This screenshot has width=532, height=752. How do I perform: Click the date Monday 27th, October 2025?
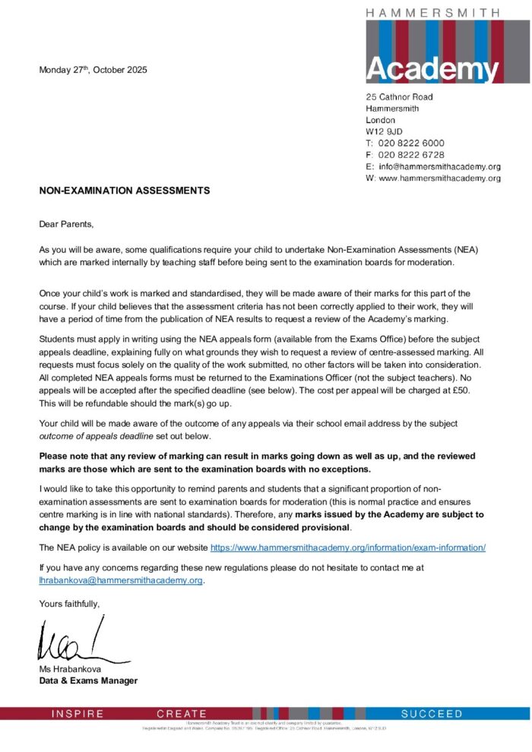pos(93,71)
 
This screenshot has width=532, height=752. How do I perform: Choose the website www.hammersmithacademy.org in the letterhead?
pos(439,178)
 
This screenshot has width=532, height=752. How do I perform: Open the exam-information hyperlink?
pos(347,547)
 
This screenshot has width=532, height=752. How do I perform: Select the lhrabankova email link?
pos(121,580)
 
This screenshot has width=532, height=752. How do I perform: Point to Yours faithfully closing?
pos(69,603)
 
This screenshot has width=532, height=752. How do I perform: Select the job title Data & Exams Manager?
pos(88,681)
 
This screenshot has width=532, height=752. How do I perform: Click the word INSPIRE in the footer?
pos(77,714)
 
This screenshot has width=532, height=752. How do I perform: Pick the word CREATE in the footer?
pos(182,714)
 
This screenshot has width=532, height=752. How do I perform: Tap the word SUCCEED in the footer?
pos(432,714)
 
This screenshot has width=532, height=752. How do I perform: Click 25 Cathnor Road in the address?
pos(400,97)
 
